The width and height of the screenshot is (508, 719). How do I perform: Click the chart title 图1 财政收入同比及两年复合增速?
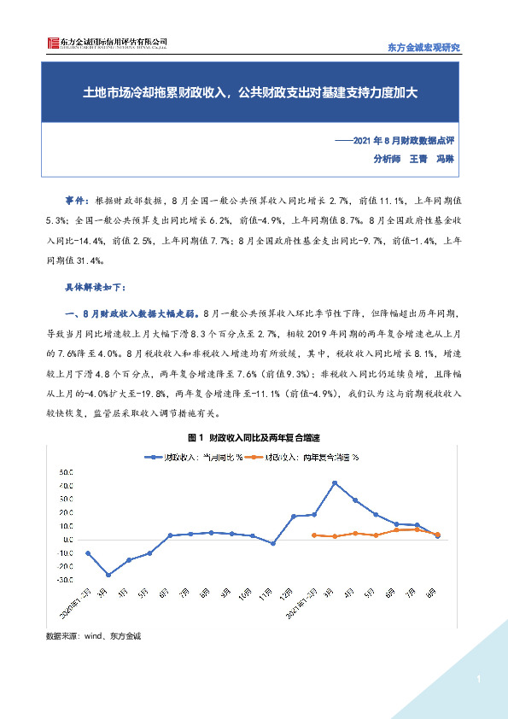253,437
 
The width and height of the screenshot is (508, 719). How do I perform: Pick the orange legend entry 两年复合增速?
300,457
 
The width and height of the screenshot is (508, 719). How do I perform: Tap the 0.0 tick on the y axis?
66,539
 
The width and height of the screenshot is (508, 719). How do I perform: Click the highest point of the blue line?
335,482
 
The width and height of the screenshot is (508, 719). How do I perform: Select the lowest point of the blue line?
108,575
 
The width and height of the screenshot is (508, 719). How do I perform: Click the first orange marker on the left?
314,535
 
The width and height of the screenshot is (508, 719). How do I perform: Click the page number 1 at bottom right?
479,679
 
